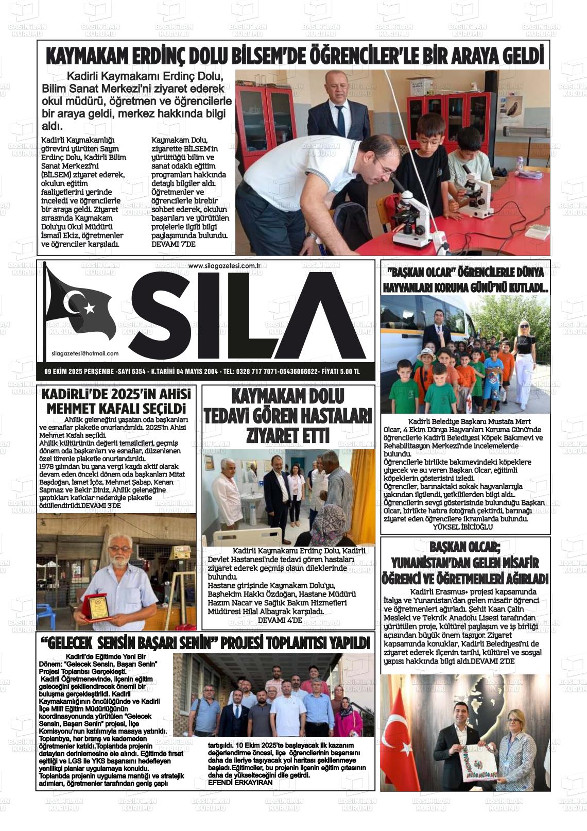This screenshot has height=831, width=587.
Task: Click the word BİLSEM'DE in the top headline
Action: [241, 55]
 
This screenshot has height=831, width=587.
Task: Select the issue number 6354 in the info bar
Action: [139, 371]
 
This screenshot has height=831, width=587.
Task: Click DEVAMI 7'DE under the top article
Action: [174, 244]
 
